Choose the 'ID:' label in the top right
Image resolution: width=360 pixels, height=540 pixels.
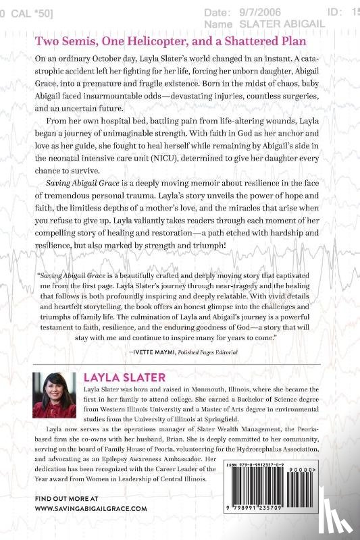pyautogui.click(x=331, y=11)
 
